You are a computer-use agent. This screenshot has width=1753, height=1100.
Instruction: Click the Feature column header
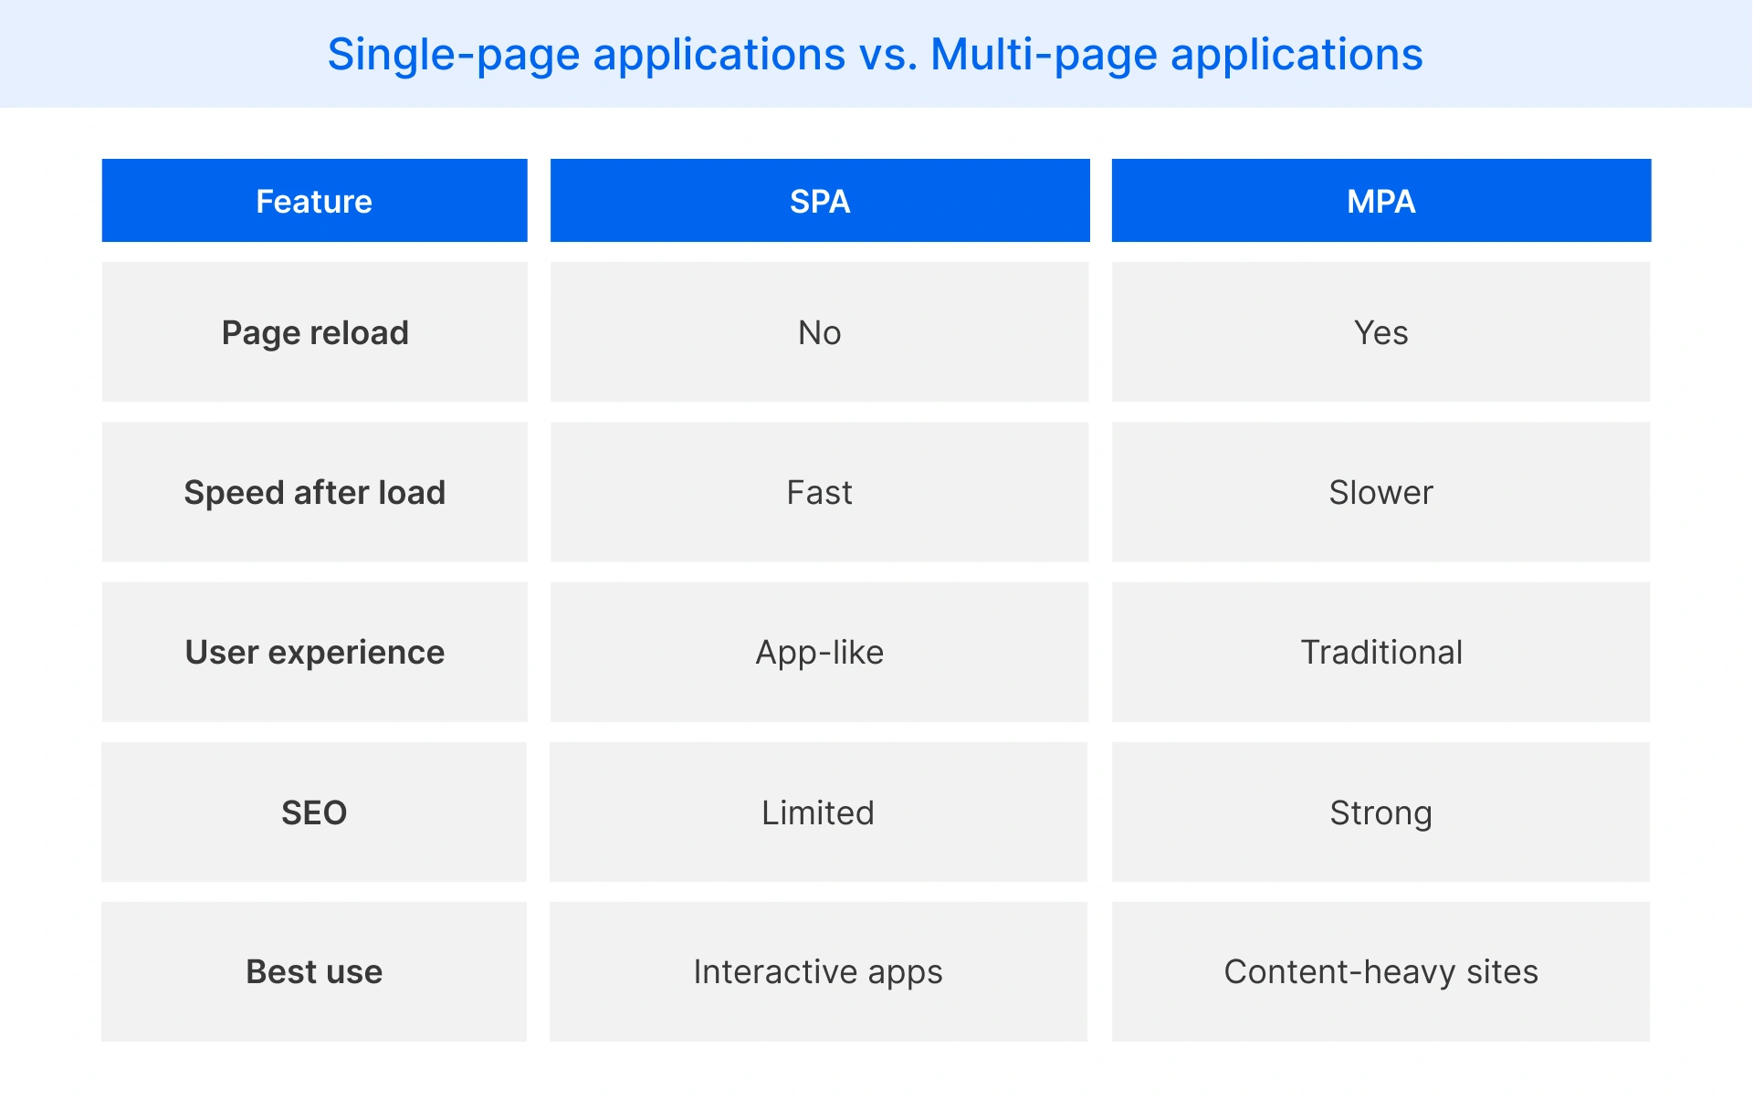pyautogui.click(x=314, y=201)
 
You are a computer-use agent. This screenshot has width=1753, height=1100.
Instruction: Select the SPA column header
pyautogui.click(x=820, y=201)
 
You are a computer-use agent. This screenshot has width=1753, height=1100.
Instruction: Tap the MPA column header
pyautogui.click(x=1380, y=201)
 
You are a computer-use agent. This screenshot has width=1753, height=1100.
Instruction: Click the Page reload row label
pyautogui.click(x=314, y=332)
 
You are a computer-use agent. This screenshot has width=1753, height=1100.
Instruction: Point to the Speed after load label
pyautogui.click(x=314, y=492)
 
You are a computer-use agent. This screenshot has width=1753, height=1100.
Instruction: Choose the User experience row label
pyautogui.click(x=314, y=652)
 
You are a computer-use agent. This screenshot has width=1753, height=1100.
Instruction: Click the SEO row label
pyautogui.click(x=314, y=812)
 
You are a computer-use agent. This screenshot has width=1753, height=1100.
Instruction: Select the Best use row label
pyautogui.click(x=314, y=971)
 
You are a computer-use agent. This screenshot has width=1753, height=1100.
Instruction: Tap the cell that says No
pyautogui.click(x=820, y=332)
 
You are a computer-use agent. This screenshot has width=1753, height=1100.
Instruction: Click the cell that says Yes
pyautogui.click(x=1380, y=332)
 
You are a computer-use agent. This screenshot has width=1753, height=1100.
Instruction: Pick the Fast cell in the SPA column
pyautogui.click(x=820, y=492)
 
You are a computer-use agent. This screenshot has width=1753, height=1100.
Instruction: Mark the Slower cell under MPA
pyautogui.click(x=1380, y=492)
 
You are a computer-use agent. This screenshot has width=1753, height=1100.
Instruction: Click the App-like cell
pyautogui.click(x=820, y=652)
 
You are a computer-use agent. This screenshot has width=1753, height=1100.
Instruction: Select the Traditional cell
pyautogui.click(x=1380, y=652)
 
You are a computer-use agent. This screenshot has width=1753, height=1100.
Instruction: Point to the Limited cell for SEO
pyautogui.click(x=818, y=812)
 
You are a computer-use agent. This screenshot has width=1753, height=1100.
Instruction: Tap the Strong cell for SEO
pyautogui.click(x=1380, y=812)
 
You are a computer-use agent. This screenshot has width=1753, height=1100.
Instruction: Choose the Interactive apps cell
pyautogui.click(x=818, y=971)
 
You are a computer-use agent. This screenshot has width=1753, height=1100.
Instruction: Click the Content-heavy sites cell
pyautogui.click(x=1380, y=971)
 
